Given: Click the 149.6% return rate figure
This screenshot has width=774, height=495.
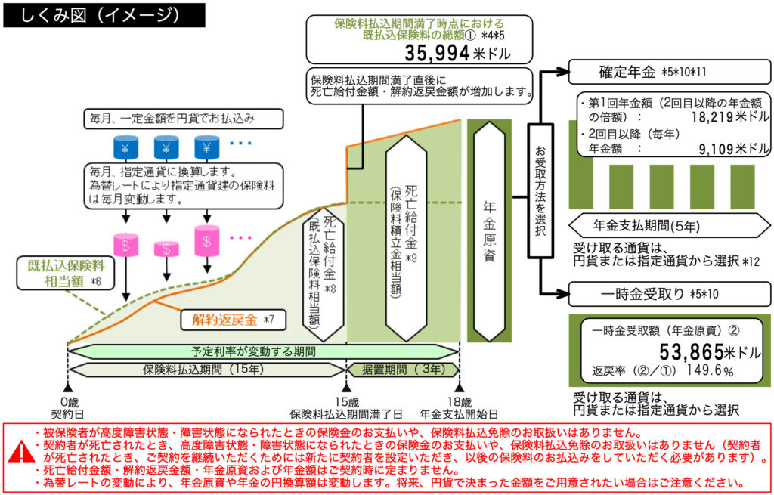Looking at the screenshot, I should pyautogui.click(x=711, y=371).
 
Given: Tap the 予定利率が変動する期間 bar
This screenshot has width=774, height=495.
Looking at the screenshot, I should pyautogui.click(x=263, y=351).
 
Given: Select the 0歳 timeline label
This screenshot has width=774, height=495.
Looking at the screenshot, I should pyautogui.click(x=67, y=401).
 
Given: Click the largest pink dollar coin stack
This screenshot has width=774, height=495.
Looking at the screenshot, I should pyautogui.click(x=206, y=239).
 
